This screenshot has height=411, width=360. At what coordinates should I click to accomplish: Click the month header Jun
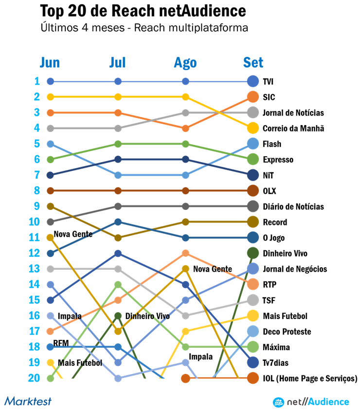[x=50, y=62]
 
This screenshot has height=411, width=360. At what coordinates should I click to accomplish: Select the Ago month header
[x=185, y=62]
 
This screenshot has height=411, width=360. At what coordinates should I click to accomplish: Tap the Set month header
[x=253, y=62]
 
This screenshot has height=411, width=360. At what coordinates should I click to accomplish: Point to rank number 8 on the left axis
[x=36, y=190]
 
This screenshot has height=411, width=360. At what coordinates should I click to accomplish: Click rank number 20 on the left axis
[x=34, y=378]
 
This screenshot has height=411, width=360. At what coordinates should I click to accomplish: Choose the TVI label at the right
[x=268, y=81]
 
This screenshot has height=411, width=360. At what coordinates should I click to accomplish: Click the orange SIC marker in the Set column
[x=252, y=97]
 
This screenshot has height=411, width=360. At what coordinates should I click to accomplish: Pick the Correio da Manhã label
[x=293, y=129]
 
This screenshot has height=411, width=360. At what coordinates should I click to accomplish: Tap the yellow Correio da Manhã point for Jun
[x=50, y=97]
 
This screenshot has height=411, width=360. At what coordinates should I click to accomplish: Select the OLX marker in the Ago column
[x=185, y=190]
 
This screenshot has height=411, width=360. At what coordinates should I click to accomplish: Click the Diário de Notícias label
[x=293, y=206]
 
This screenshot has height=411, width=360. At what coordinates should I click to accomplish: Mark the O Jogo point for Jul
[x=118, y=222]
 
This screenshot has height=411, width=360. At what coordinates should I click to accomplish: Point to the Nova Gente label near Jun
[x=73, y=234]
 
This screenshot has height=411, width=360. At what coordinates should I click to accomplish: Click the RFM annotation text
[x=61, y=343]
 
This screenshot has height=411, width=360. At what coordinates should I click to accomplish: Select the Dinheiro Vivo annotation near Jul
[x=147, y=316]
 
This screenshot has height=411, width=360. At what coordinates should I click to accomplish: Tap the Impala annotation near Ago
[x=201, y=356]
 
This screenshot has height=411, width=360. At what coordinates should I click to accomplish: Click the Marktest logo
[x=28, y=401]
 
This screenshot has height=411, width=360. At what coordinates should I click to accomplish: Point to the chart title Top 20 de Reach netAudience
[x=143, y=11]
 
